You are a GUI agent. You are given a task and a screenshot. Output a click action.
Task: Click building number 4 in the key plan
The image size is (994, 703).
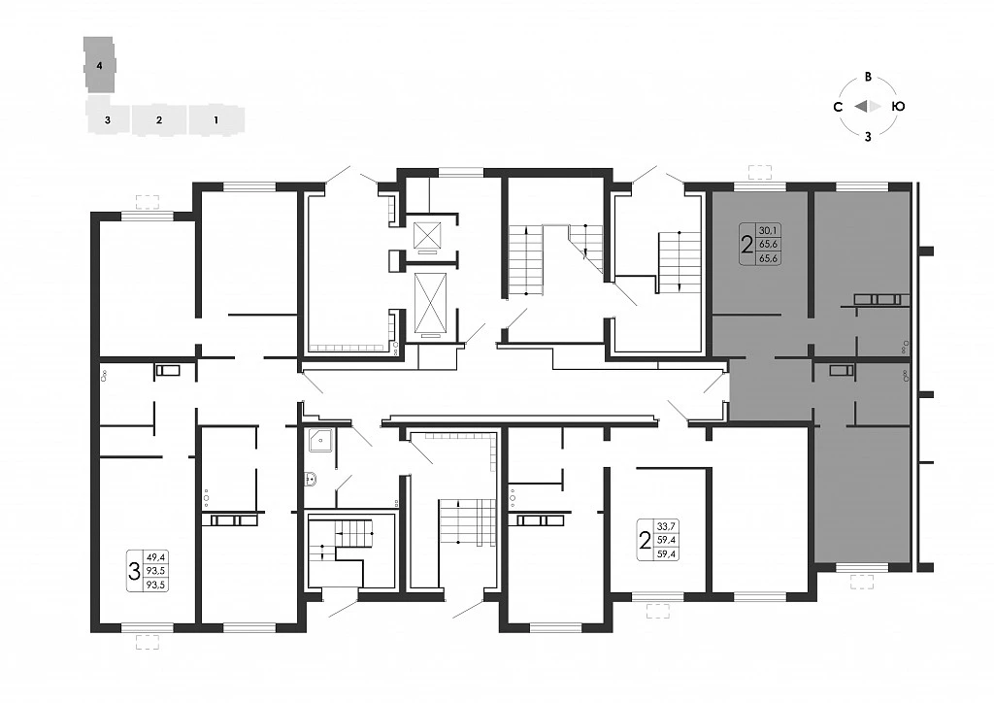99,65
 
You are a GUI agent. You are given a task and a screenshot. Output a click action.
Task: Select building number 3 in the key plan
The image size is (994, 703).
108,119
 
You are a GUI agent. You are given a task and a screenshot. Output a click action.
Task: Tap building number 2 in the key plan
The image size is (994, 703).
159,119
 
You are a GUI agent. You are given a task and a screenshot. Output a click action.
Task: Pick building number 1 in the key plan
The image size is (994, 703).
216,119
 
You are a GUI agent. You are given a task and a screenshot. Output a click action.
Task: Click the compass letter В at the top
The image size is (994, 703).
869,77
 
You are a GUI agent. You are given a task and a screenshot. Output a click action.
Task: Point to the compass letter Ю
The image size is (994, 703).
898,107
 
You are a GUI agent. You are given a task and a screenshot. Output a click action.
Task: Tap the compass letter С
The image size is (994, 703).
838,107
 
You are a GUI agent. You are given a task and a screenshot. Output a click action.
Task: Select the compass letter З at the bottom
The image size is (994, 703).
869,136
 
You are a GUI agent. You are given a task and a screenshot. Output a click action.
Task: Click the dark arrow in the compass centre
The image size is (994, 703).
861,107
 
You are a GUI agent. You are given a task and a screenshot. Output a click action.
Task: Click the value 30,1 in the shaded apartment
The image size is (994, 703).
769,230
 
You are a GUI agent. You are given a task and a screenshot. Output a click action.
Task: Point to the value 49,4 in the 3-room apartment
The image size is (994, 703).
156,557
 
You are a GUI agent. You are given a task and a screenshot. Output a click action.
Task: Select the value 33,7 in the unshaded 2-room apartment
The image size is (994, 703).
667,526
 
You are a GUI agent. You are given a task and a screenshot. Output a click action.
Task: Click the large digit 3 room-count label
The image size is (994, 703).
134,571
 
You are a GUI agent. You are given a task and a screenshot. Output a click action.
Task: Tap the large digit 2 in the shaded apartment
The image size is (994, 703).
747,244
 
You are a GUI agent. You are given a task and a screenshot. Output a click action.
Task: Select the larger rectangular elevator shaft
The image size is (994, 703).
430,302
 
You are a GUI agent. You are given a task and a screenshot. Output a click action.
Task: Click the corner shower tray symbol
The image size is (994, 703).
320,440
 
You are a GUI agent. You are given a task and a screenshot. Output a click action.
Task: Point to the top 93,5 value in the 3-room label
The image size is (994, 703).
156,571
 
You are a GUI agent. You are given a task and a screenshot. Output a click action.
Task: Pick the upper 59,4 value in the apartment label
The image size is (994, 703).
667,540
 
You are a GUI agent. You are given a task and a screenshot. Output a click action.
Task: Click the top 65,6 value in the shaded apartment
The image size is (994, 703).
769,244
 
